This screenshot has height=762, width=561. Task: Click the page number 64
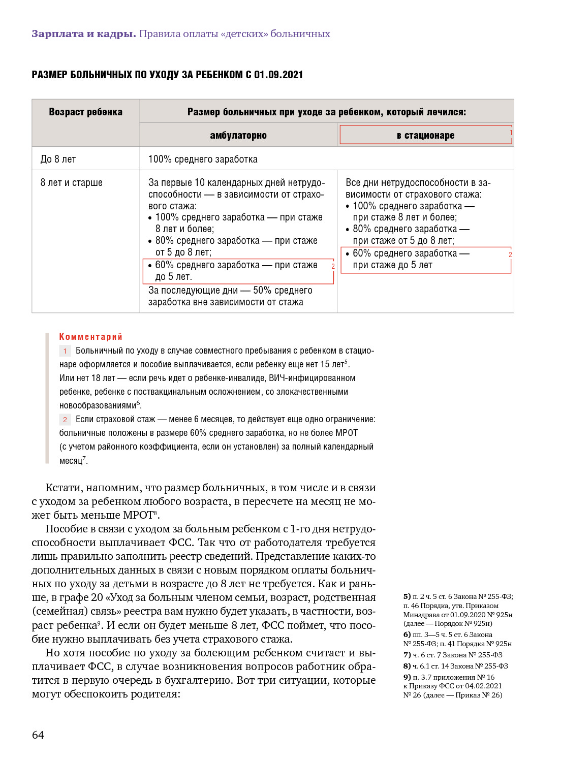pyautogui.click(x=38, y=735)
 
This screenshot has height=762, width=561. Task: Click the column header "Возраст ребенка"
pyautogui.click(x=85, y=112)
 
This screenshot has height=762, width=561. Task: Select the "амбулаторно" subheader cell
pyautogui.click(x=238, y=136)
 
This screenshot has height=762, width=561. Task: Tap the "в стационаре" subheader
pyautogui.click(x=425, y=136)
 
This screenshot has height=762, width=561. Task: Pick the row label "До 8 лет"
pyautogui.click(x=58, y=159)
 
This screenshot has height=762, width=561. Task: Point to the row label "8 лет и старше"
pyautogui.click(x=71, y=182)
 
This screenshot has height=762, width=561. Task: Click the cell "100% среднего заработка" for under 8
pyautogui.click(x=203, y=159)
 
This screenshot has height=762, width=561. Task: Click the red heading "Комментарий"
pyautogui.click(x=91, y=337)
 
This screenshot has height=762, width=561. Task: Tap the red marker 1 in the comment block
pyautogui.click(x=65, y=351)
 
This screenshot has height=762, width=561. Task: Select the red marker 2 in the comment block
pyautogui.click(x=65, y=420)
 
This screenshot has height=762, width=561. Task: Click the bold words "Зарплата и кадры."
pyautogui.click(x=84, y=34)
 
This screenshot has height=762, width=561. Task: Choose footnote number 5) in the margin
pyautogui.click(x=407, y=596)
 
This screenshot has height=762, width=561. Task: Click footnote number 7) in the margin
pyautogui.click(x=407, y=655)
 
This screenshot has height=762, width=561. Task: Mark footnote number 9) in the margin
pyautogui.click(x=407, y=677)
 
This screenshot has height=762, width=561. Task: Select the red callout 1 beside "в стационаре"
pyautogui.click(x=510, y=133)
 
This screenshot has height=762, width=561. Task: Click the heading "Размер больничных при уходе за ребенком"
pyautogui.click(x=326, y=112)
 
